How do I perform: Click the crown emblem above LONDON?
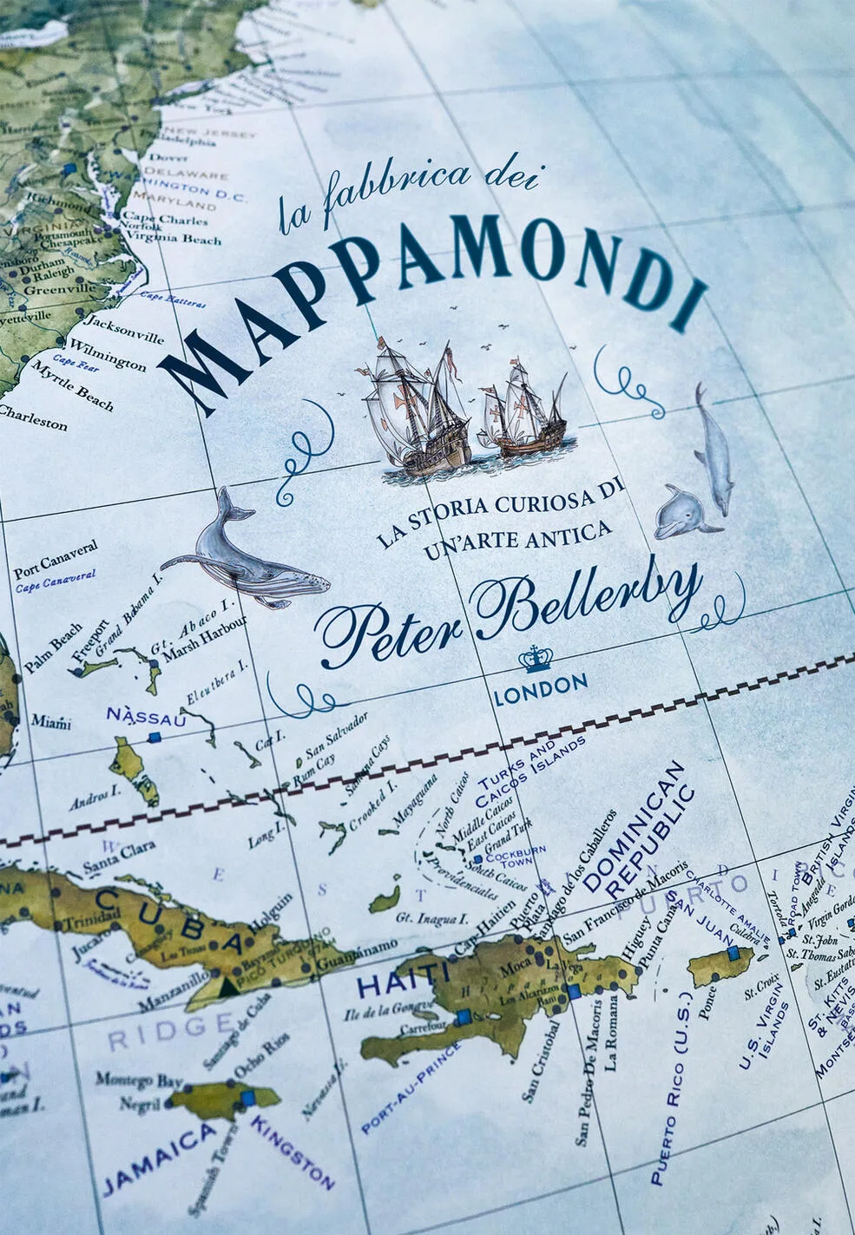coord(536,660)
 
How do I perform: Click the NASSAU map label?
coord(146,717)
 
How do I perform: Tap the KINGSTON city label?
coord(293,1151)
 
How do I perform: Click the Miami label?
coord(51,721)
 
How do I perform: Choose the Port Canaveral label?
coord(56,560)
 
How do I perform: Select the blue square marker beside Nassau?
coord(155,738)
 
